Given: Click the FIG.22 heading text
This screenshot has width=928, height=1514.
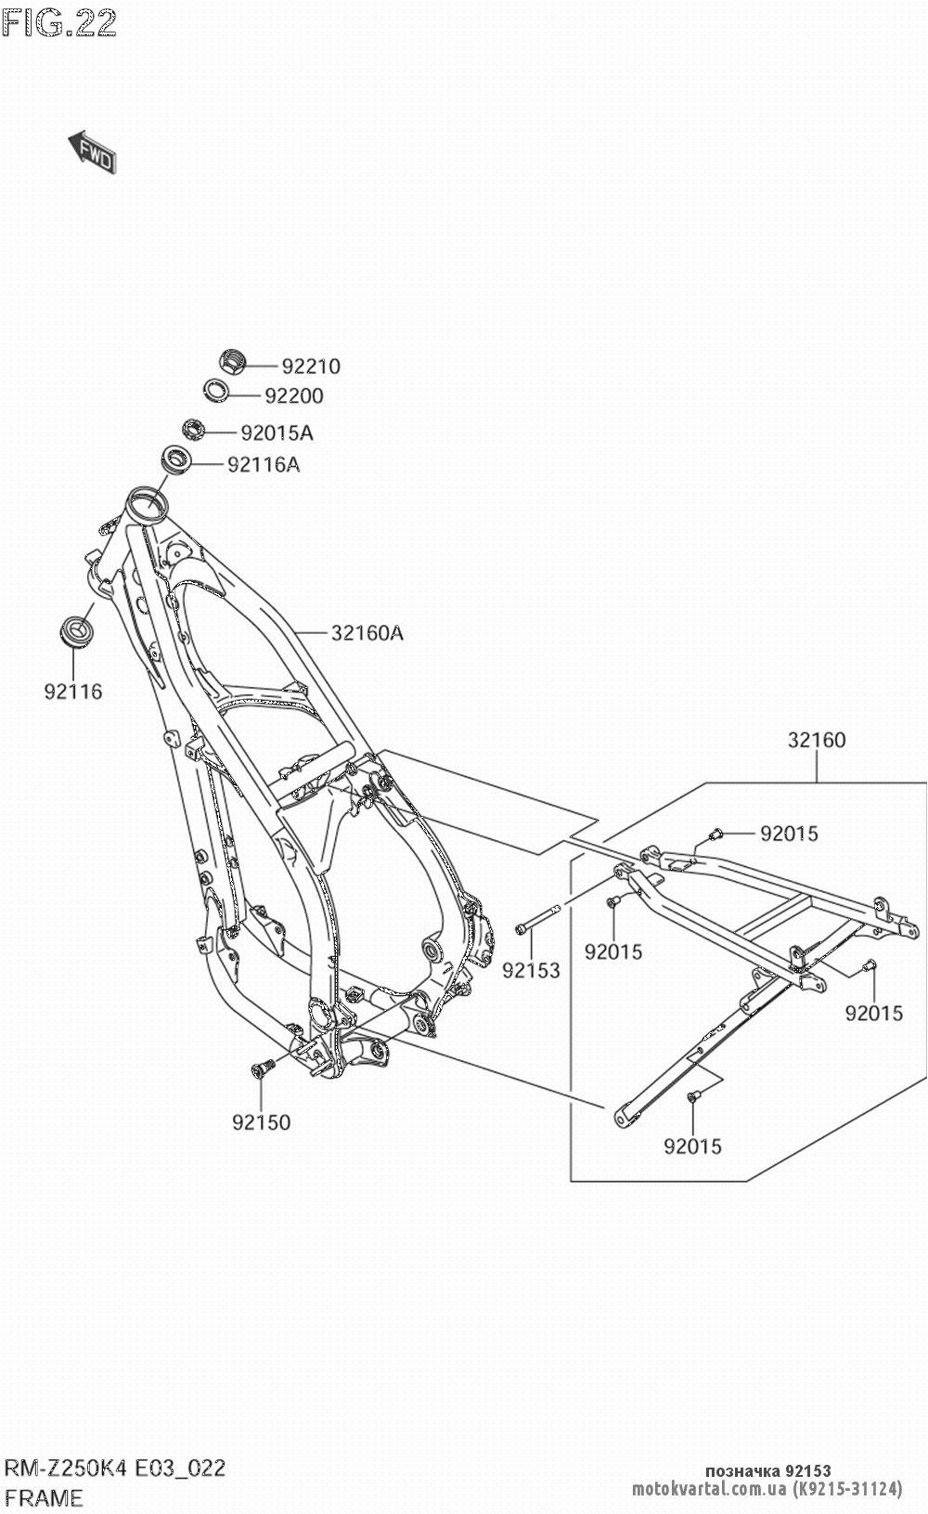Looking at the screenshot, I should tap(59, 22).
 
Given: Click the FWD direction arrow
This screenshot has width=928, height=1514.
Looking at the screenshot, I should tap(92, 151).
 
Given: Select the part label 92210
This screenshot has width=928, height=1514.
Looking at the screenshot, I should tap(311, 367).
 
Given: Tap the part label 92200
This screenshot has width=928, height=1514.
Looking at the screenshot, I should tap(294, 396).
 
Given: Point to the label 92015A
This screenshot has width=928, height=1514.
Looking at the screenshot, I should tap(277, 433).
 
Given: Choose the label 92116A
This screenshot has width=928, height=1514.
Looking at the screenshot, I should tap(264, 464).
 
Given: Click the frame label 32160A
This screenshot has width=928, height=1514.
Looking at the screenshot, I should tap(367, 634).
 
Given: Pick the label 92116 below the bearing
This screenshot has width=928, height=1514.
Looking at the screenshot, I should tap(72, 692).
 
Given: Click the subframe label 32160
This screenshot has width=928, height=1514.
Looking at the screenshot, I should tap(817, 741).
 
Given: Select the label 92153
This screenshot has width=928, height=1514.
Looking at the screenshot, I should tap(532, 971).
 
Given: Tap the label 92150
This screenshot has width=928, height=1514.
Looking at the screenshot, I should tap(261, 1122).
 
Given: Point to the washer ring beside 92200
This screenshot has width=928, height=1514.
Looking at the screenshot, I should tap(218, 390).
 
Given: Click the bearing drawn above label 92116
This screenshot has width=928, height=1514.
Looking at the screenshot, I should tap(74, 630).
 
